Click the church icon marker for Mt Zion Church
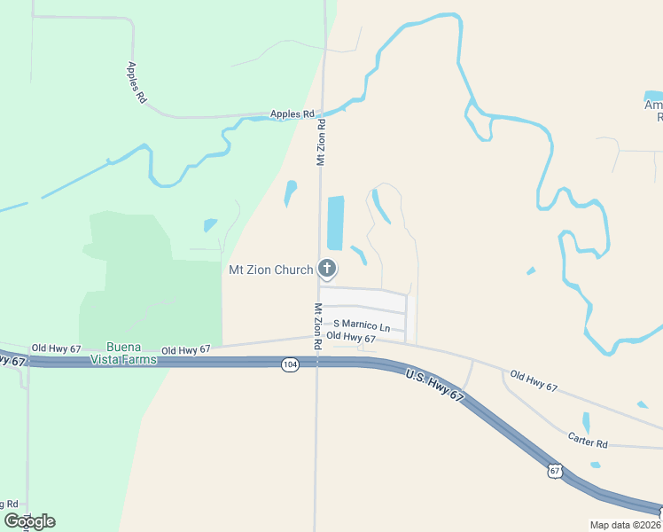pos(327,268)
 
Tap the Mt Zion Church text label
pos(271,270)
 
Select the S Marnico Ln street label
pos(362,326)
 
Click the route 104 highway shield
pos(290,364)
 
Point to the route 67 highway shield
pos(554,471)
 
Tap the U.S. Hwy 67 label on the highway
pos(435,387)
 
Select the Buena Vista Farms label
pos(123,353)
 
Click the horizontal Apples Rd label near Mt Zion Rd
pos(292,114)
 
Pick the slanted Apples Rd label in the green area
pos(136,82)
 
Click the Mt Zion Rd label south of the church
pos(317,325)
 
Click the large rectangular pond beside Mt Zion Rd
pos(335,223)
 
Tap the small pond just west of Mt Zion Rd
pos(291,192)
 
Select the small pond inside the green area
pos(210,225)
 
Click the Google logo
pos(29,521)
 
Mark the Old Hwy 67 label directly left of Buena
pos(56,348)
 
